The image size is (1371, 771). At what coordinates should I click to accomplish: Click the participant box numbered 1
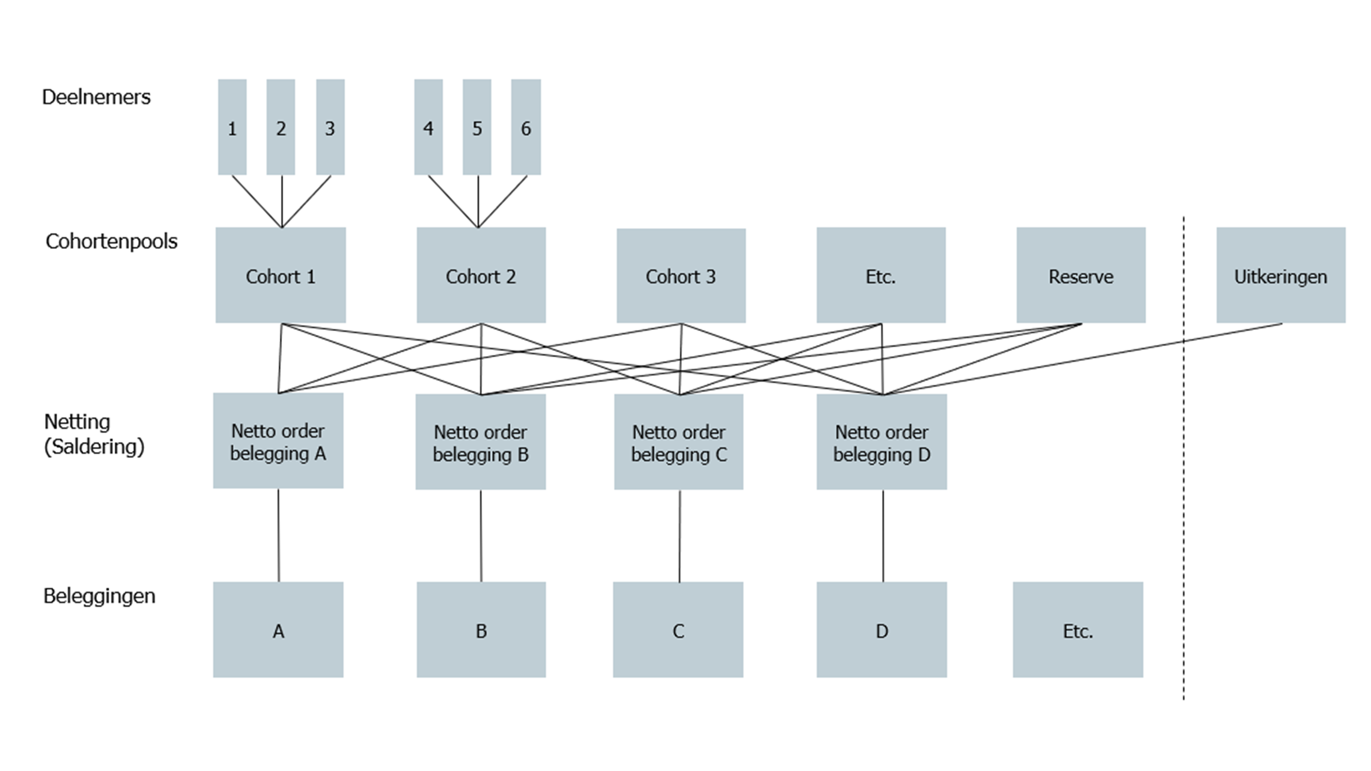click(x=232, y=127)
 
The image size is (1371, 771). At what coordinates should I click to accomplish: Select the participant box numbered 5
click(x=477, y=127)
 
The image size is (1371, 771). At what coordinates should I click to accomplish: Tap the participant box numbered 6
click(x=526, y=127)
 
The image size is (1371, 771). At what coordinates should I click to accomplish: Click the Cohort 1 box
click(x=281, y=275)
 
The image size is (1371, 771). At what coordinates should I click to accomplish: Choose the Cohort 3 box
click(x=681, y=276)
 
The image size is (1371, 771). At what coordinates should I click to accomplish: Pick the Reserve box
click(x=1081, y=275)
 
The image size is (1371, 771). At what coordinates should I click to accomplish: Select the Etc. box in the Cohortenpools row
click(x=881, y=275)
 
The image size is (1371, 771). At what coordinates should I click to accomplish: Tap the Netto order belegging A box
click(x=278, y=440)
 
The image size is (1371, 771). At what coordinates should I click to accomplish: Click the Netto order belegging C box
click(x=678, y=442)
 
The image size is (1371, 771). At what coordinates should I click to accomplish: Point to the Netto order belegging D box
click(x=882, y=442)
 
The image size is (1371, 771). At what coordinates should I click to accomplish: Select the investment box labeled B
click(x=481, y=630)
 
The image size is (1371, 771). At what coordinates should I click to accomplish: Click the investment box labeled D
click(x=882, y=630)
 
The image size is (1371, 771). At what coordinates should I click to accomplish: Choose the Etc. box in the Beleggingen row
click(x=1078, y=630)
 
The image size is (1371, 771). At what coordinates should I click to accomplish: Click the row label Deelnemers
click(x=96, y=97)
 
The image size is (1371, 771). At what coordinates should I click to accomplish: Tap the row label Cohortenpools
click(x=111, y=241)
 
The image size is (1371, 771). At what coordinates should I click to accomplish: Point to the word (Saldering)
click(x=94, y=446)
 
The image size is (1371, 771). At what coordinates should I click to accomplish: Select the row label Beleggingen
click(x=99, y=596)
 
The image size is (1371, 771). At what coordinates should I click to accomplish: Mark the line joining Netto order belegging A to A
click(x=278, y=535)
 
